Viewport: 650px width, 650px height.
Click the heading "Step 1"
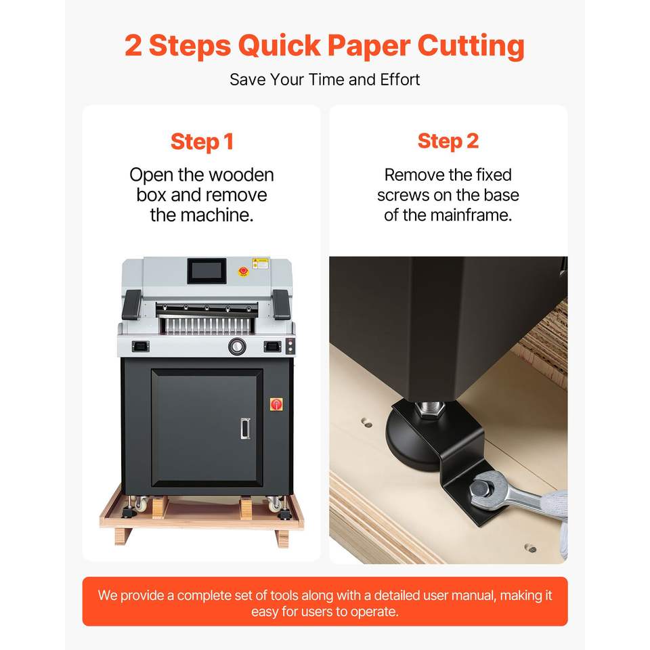(x=202, y=142)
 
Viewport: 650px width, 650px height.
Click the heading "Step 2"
(x=448, y=142)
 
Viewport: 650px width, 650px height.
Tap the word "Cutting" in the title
(x=471, y=45)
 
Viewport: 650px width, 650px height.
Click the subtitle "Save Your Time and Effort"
(x=324, y=80)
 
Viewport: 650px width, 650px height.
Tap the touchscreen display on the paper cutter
(x=207, y=271)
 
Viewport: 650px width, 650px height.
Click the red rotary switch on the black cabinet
(x=276, y=404)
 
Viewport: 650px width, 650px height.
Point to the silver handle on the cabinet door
(x=245, y=428)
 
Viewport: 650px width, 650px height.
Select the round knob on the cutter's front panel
(x=237, y=346)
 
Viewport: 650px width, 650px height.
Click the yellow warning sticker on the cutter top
(x=260, y=263)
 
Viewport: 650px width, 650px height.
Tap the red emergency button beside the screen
(x=243, y=271)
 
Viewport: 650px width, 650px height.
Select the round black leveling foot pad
(x=410, y=439)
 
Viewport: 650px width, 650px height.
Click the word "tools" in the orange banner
(x=284, y=595)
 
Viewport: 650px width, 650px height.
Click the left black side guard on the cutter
(x=132, y=304)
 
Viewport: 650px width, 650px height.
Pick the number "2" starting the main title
(x=133, y=45)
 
